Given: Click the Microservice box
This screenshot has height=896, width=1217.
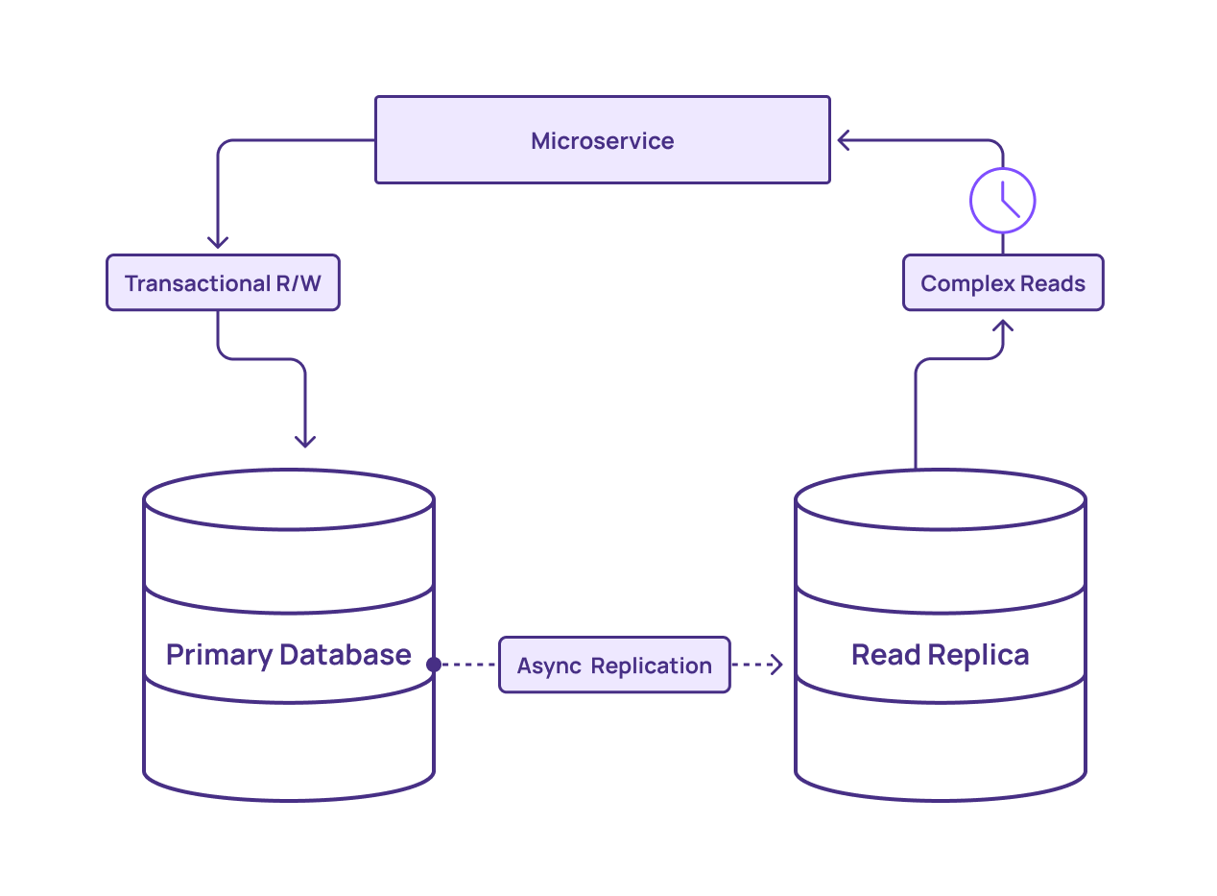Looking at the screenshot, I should click(602, 140).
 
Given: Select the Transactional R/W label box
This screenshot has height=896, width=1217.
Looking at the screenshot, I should click(223, 283).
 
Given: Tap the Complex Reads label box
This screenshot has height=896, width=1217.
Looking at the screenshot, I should click(1003, 283).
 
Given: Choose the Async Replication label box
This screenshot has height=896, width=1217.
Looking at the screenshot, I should click(614, 665).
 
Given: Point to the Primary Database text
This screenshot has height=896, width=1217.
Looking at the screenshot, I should click(288, 655).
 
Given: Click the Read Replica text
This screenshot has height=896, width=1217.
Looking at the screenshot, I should click(940, 655).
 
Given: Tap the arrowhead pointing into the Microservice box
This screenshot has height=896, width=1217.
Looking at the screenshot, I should click(843, 141).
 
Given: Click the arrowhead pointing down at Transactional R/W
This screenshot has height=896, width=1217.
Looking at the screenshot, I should click(218, 243).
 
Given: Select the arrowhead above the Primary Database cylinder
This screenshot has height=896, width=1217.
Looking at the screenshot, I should click(305, 441).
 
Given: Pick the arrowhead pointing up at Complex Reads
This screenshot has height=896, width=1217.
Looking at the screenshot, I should click(1003, 327).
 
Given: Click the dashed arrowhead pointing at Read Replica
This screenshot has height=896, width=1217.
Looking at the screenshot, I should click(776, 665).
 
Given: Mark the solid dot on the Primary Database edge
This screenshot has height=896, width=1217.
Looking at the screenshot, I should click(434, 665).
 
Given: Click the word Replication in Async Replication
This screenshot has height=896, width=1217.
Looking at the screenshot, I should click(651, 666).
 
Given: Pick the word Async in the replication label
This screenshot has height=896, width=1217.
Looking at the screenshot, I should click(548, 666).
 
